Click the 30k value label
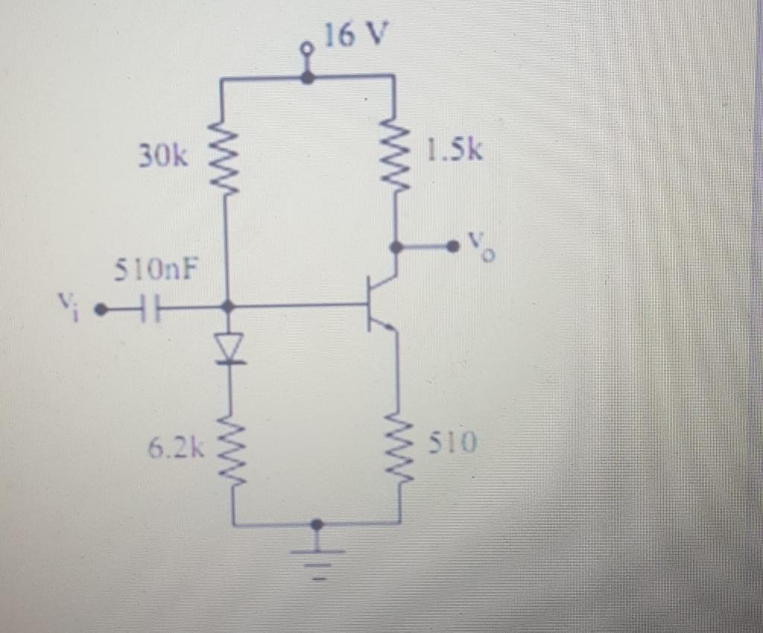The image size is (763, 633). coord(163,156)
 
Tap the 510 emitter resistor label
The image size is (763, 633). coord(452,444)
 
